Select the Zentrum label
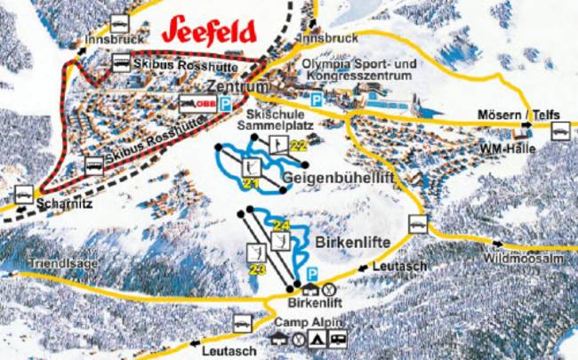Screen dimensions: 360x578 [x=237, y=87]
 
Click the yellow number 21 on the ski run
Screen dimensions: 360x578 [x=249, y=183]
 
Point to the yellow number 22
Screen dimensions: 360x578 [x=298, y=146]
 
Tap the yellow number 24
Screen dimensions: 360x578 [x=283, y=224]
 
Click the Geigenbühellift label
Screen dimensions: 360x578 [x=338, y=178]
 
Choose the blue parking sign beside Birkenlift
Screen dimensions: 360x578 [x=312, y=273]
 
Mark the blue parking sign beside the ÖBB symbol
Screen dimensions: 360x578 [x=226, y=104]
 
